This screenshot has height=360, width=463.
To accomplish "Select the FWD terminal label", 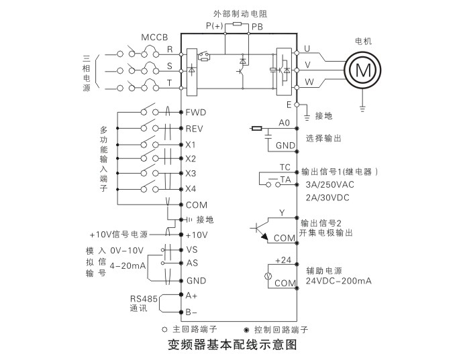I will [x=195, y=111].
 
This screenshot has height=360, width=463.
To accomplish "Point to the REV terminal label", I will [x=195, y=128].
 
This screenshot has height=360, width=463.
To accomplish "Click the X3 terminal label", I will [x=191, y=174].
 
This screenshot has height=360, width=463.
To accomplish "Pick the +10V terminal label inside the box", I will [x=197, y=235].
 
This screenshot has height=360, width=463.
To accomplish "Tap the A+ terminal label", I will [x=191, y=296].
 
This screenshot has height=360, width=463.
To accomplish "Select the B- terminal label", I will [x=191, y=312].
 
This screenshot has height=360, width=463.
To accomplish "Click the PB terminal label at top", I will [x=257, y=26].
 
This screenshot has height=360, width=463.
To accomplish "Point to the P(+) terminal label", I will [x=215, y=26].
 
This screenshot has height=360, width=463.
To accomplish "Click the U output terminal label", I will [x=307, y=48].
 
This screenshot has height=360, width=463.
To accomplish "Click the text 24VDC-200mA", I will [x=338, y=281].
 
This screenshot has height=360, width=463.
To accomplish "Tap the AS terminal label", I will [x=192, y=263].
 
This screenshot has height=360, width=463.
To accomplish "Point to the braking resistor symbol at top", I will [x=236, y=24].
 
